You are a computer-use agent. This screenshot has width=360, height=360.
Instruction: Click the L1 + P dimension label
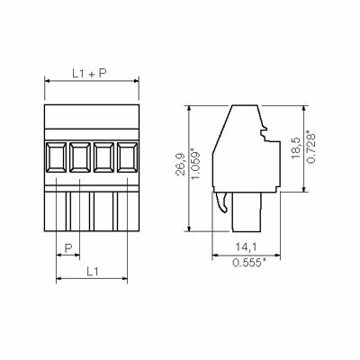tap(89, 73)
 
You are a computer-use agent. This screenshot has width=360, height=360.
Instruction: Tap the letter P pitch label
tap(68, 247)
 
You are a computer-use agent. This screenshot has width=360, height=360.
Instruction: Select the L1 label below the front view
tap(93, 272)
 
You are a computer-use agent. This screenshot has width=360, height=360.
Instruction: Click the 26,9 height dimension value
tap(181, 164)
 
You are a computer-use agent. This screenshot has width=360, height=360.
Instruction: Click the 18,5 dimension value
tap(295, 148)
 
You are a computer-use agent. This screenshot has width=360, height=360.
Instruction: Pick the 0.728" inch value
tap(311, 147)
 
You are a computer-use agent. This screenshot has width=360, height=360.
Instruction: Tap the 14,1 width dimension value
tap(246, 247)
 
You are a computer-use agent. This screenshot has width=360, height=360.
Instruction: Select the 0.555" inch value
tap(249, 263)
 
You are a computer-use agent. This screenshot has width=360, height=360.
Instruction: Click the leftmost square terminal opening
tap(56, 157)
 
